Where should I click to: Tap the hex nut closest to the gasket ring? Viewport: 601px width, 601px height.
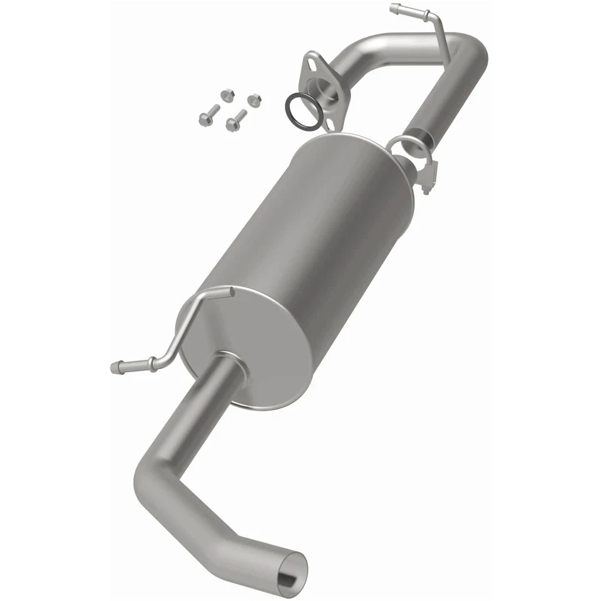254,100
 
